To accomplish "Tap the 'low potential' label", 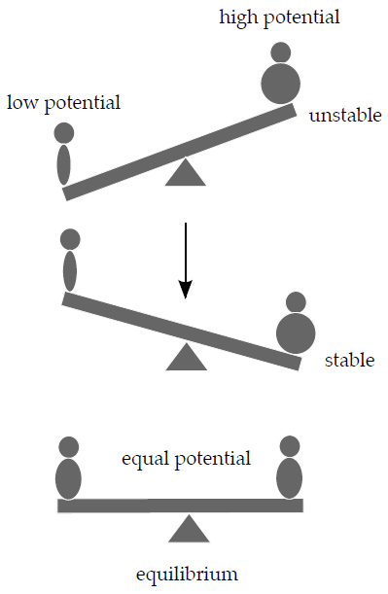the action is point(63,102).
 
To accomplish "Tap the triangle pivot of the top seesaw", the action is point(186,173).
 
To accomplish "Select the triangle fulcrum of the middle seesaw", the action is point(186,358).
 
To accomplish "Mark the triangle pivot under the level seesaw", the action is point(189,529).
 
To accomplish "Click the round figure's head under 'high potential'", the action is point(281,52).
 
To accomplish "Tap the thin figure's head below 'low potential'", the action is point(64,133).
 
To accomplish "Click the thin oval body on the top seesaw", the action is point(64,164).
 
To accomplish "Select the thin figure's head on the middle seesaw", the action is point(69,239).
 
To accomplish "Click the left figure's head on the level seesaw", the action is point(68,447).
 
